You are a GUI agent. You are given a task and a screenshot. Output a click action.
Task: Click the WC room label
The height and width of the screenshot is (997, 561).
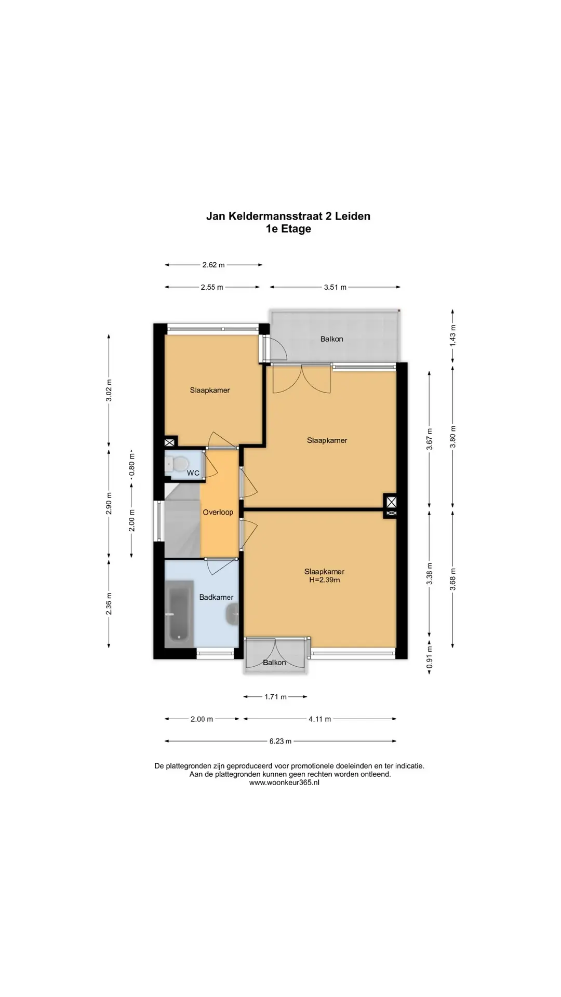point(193,473)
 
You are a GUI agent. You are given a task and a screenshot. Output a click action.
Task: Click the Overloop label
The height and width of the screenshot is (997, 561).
point(218,512)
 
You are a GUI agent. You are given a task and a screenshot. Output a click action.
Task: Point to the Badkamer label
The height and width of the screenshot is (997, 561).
point(216,597)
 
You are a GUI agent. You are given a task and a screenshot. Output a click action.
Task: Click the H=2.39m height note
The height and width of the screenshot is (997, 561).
point(324,580)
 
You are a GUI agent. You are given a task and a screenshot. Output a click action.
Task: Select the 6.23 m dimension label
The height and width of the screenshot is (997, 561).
point(280,741)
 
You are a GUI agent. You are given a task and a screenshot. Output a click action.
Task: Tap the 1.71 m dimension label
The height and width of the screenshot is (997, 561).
point(275,697)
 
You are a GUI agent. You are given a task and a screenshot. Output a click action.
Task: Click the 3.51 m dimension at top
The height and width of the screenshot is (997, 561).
point(335,287)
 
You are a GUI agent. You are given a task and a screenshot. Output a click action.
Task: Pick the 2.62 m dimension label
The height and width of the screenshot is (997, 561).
point(213,265)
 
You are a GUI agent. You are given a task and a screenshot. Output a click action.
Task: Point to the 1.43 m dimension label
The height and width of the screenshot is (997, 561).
point(452,336)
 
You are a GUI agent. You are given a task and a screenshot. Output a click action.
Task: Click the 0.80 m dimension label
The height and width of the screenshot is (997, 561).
point(131,465)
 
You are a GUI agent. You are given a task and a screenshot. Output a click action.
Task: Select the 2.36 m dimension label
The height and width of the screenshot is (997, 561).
point(109,603)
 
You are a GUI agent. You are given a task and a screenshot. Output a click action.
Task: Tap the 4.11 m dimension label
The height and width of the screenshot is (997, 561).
point(319,719)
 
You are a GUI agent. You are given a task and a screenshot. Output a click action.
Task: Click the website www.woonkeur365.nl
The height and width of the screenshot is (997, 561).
point(284,783)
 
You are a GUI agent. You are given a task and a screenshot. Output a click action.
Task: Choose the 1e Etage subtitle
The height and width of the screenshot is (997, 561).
point(288,229)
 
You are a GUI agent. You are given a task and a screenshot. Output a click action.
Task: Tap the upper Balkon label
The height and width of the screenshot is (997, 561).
point(331,339)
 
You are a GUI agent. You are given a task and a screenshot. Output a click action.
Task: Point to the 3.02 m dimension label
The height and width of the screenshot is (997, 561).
point(109,390)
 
